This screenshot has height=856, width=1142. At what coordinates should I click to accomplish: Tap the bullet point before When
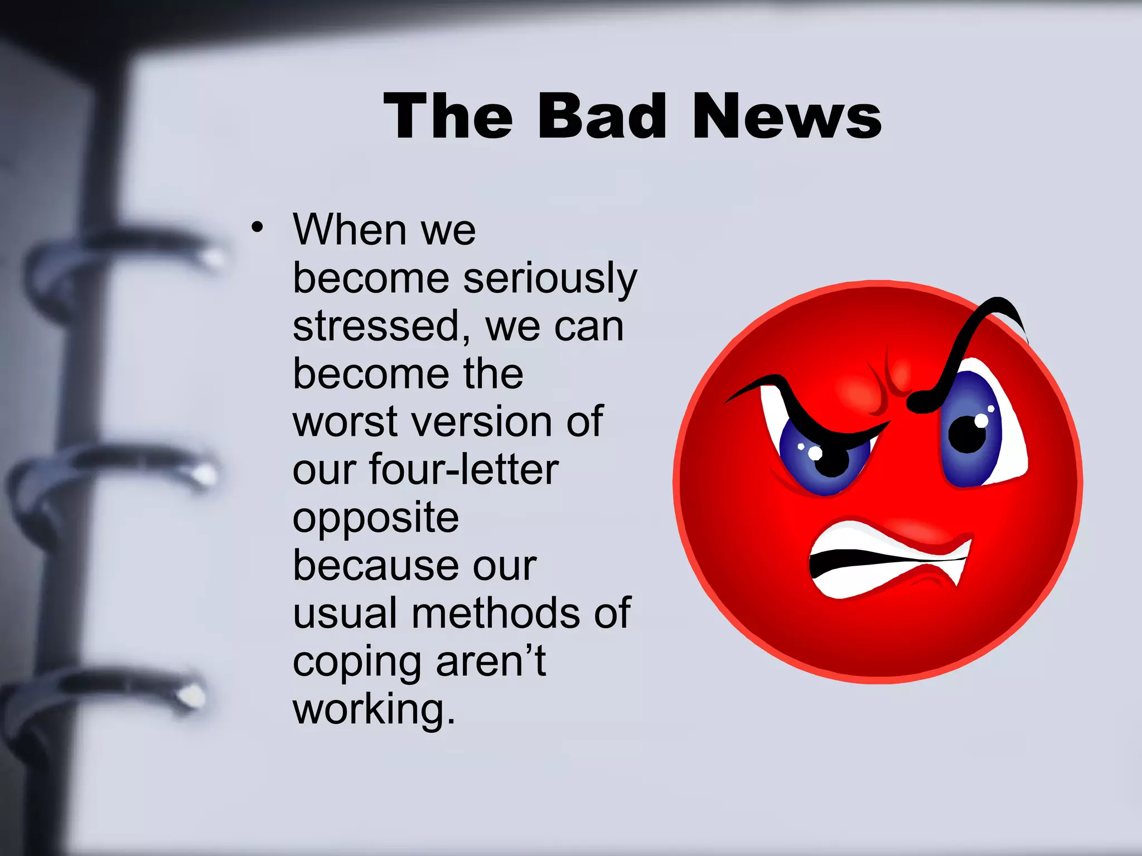coord(257,227)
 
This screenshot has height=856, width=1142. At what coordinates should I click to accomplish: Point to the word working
coord(374,710)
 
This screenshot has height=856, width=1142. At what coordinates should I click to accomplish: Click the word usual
coord(344,614)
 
